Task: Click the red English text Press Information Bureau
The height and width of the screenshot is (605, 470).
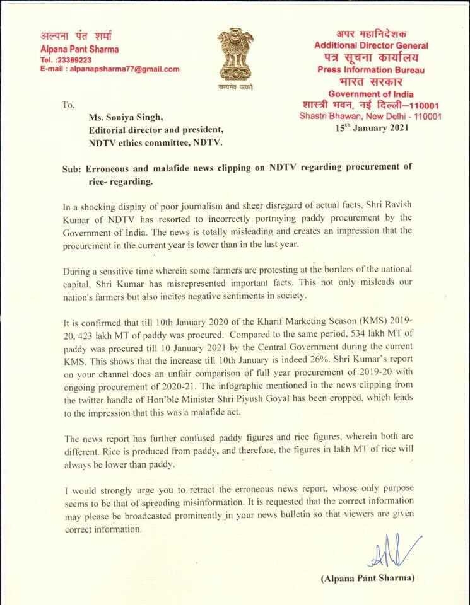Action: (371, 69)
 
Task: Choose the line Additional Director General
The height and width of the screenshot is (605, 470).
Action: (371, 45)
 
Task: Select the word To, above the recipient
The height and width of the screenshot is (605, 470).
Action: (69, 105)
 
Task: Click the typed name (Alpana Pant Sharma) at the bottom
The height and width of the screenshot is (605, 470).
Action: (368, 578)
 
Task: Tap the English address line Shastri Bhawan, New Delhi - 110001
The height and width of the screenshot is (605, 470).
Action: (371, 117)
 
